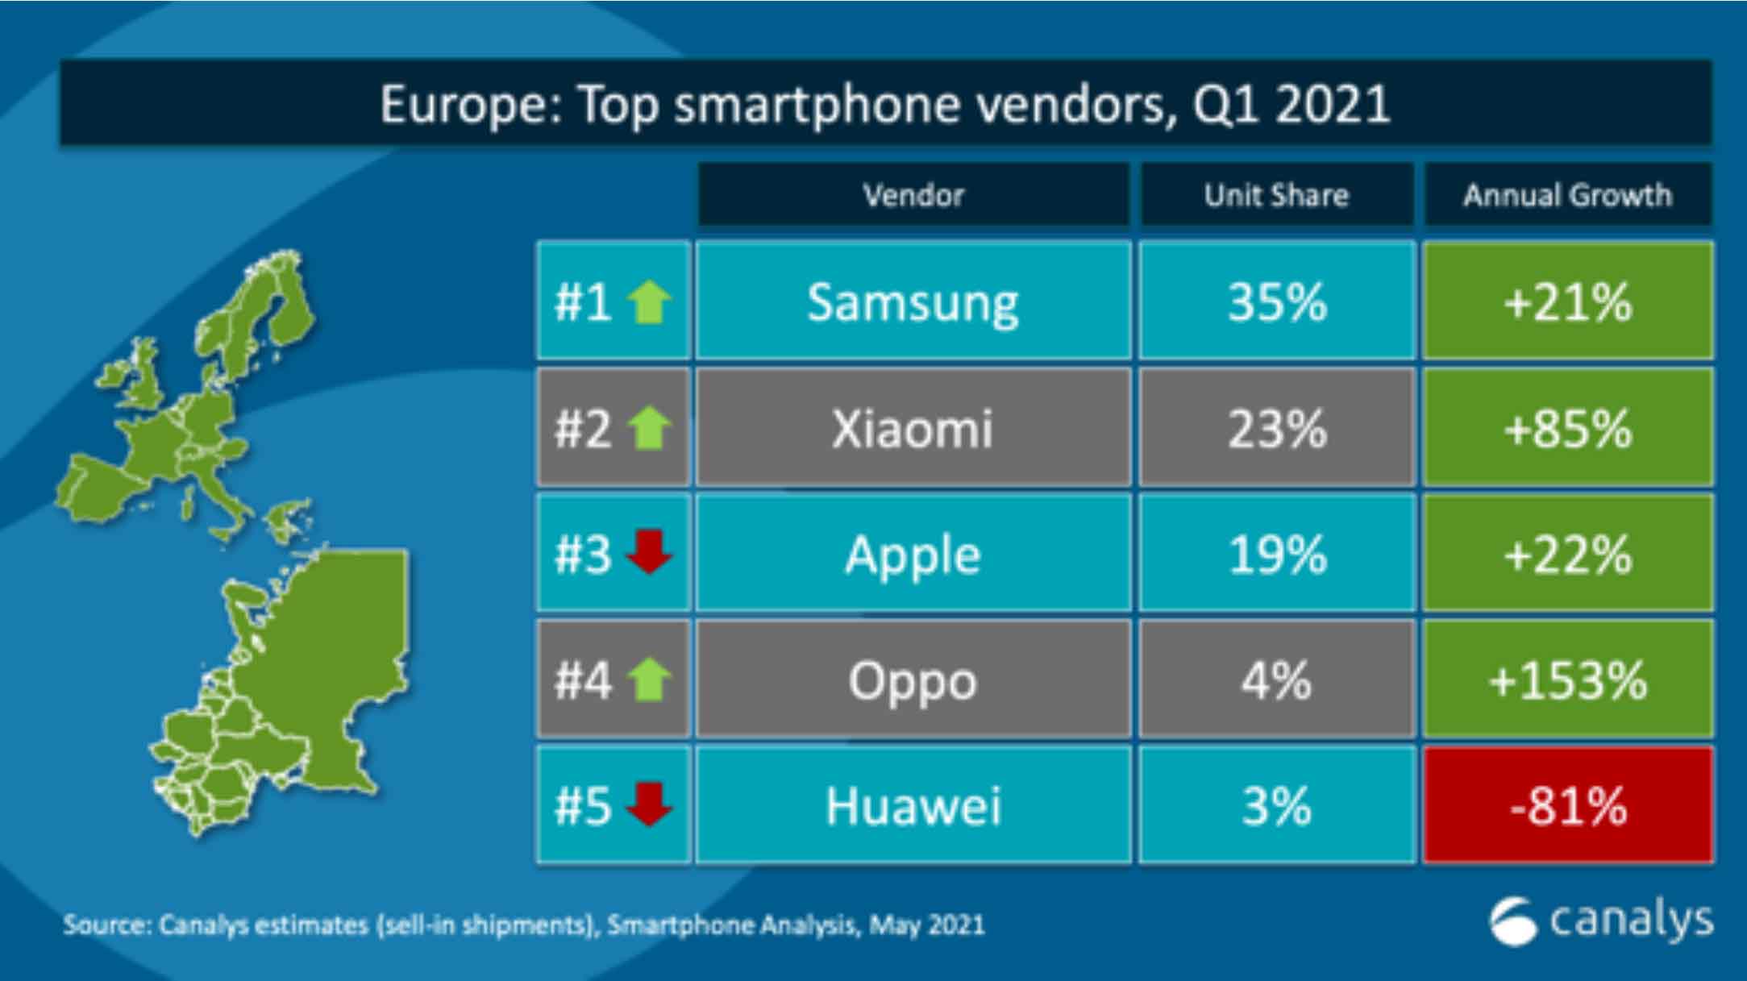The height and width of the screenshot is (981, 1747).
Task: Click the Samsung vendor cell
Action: pos(913,301)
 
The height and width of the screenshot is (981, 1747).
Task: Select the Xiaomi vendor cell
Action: pos(913,427)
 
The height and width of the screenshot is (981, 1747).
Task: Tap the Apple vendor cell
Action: pos(913,554)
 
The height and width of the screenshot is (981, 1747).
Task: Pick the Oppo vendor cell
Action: pos(913,680)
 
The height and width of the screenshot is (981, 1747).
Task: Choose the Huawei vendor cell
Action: pos(913,805)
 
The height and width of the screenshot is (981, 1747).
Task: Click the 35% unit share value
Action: pos(1277,301)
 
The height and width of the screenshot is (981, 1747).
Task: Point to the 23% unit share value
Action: pos(1277,427)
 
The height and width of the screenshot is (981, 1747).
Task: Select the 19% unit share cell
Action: pos(1277,554)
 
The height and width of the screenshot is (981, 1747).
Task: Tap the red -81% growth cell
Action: pos(1568,805)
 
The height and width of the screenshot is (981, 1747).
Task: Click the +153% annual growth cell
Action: pos(1568,680)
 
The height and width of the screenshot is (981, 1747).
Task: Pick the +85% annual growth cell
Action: pos(1568,427)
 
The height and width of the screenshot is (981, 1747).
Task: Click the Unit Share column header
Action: pos(1277,195)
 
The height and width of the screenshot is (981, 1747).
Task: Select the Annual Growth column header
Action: pos(1568,195)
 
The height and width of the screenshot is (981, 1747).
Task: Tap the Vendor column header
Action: pos(913,195)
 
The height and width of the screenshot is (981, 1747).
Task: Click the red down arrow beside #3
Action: pos(649,552)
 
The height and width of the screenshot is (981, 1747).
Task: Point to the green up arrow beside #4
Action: pos(649,680)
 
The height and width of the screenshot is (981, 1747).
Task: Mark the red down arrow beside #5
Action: pos(649,804)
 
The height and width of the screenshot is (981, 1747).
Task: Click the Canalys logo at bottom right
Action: pos(1600,921)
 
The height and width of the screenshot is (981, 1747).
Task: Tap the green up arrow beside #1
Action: pos(649,301)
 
